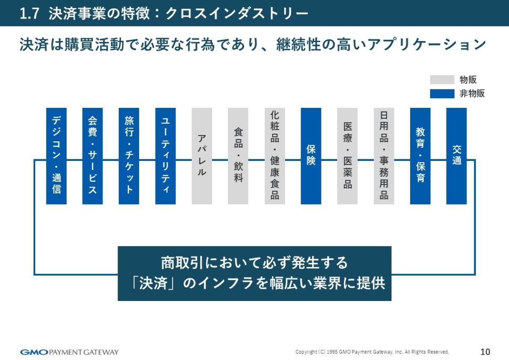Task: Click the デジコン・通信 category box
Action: tap(56, 156)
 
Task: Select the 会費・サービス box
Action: tap(92, 156)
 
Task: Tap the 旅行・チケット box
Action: tap(129, 156)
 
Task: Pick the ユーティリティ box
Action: tap(165, 156)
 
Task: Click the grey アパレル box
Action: tap(202, 156)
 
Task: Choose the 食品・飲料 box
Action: tap(238, 156)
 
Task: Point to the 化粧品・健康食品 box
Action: tap(275, 156)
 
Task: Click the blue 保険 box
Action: tap(311, 156)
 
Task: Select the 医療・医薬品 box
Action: tap(347, 156)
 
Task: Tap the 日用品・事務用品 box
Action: tap(384, 156)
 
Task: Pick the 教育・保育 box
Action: tap(420, 156)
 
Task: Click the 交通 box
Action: tap(456, 156)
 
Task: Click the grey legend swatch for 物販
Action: tap(442, 80)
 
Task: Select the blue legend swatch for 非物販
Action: tap(442, 94)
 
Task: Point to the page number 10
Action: tap(485, 352)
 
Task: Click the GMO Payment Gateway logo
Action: tap(70, 352)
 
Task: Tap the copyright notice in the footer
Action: tap(372, 352)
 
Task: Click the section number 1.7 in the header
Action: tap(30, 14)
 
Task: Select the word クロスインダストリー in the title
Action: tap(236, 14)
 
